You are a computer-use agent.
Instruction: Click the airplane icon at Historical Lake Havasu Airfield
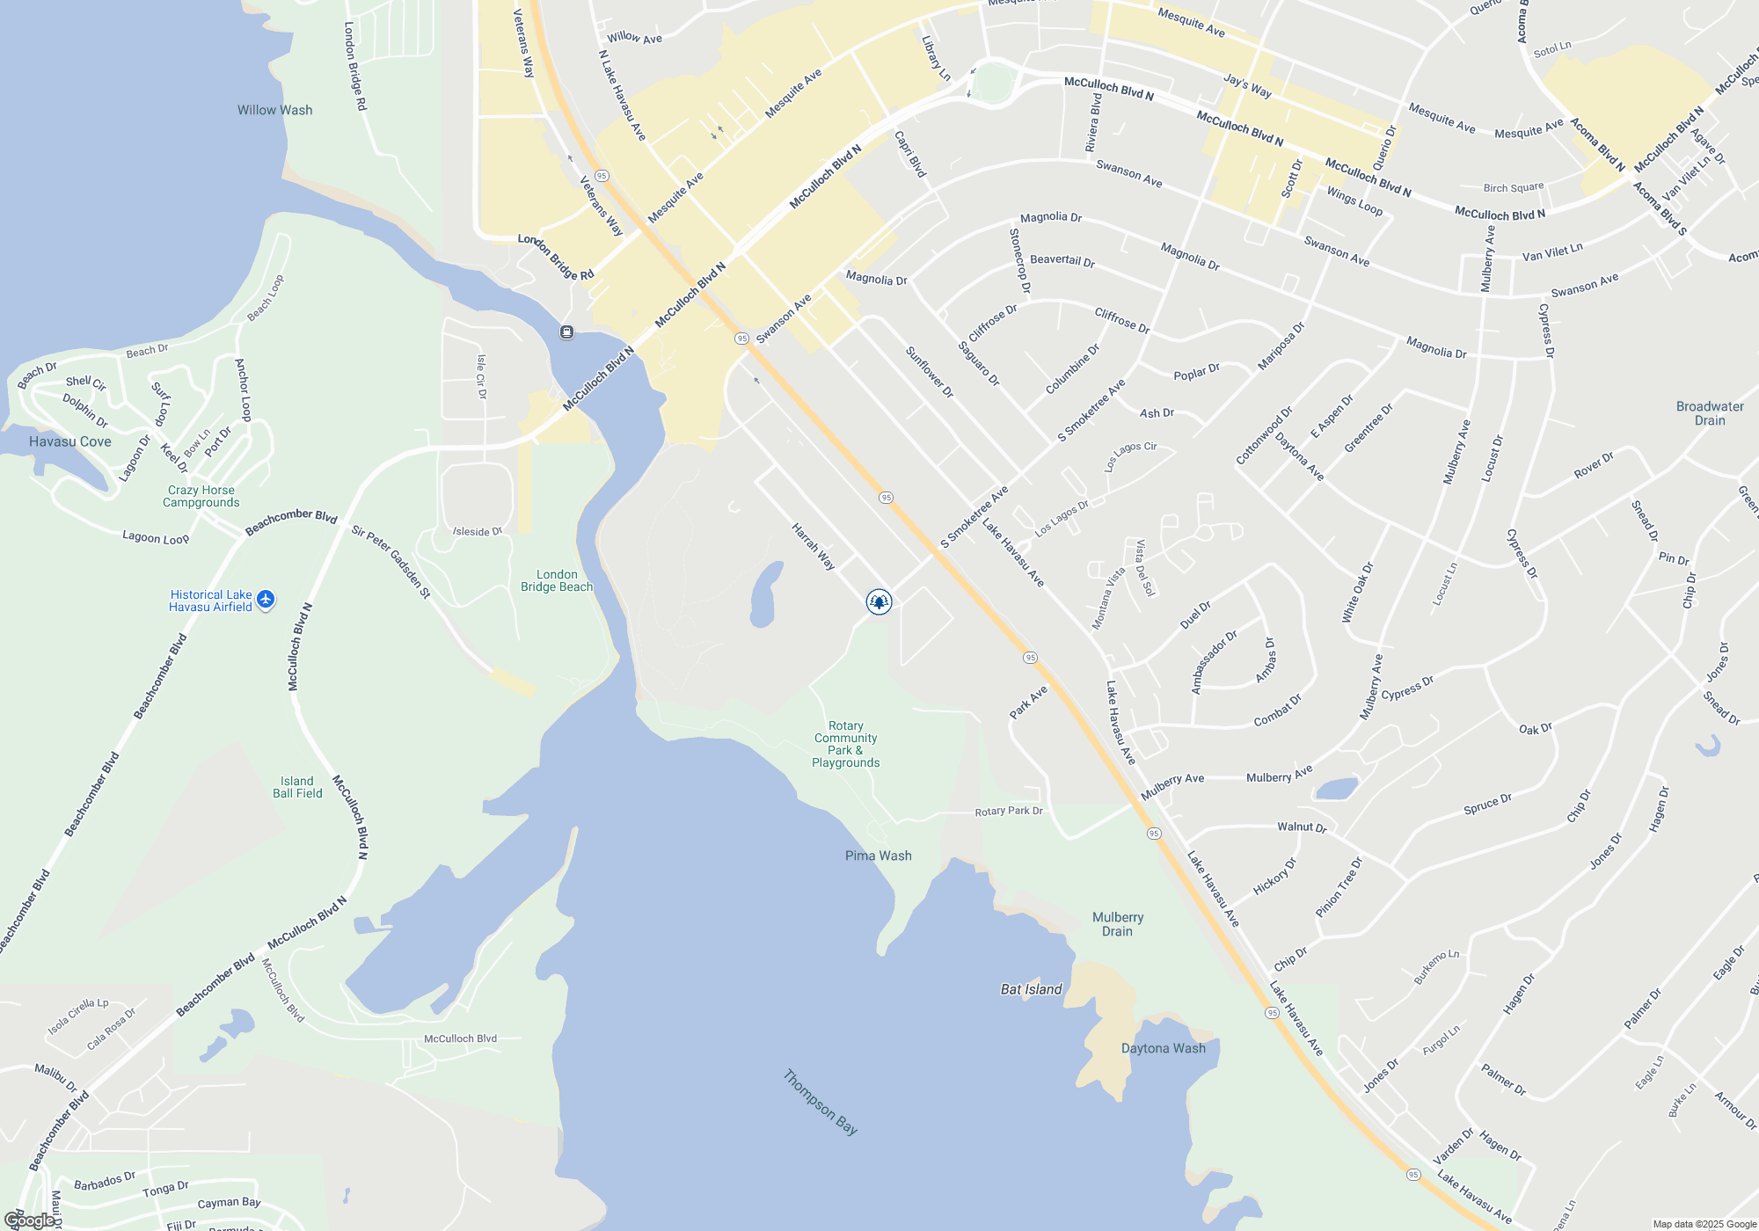pos(266,600)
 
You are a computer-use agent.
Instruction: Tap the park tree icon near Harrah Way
pos(879,601)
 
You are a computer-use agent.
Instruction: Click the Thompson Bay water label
pos(820,1102)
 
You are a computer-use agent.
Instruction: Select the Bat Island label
pos(1031,989)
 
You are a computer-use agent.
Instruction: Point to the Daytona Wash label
pos(1163,1048)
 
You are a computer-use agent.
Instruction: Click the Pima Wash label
pos(878,856)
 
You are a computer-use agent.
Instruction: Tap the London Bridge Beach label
pos(557,580)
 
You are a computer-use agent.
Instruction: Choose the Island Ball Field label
pos(297,787)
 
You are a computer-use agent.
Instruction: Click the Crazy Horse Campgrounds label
pos(201,496)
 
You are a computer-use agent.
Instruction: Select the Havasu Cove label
pos(70,441)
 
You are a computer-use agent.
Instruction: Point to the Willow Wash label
pos(274,110)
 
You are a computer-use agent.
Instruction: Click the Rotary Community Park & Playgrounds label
pos(845,744)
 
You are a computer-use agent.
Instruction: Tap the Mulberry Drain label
pos(1117,924)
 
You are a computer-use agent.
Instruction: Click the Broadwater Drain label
pos(1710,413)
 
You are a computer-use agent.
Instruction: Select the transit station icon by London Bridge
pos(567,332)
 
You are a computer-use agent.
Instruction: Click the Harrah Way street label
pos(814,547)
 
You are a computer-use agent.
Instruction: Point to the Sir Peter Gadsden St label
pos(391,562)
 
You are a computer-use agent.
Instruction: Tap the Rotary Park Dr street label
pos(1009,811)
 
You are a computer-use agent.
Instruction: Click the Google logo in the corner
pos(29,1220)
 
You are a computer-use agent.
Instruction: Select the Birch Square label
pos(1513,187)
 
